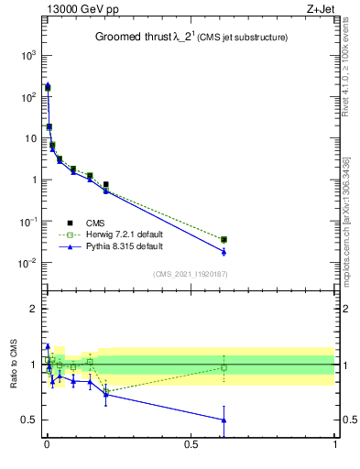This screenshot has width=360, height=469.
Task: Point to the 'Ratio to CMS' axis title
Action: pyautogui.click(x=14, y=365)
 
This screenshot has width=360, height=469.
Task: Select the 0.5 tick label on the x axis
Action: pyautogui.click(x=191, y=458)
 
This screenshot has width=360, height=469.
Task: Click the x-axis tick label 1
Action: pyautogui.click(x=335, y=458)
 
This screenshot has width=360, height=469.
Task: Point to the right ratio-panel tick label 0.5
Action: pyautogui.click(x=349, y=420)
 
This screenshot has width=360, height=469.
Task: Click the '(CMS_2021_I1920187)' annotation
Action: pyautogui.click(x=191, y=274)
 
